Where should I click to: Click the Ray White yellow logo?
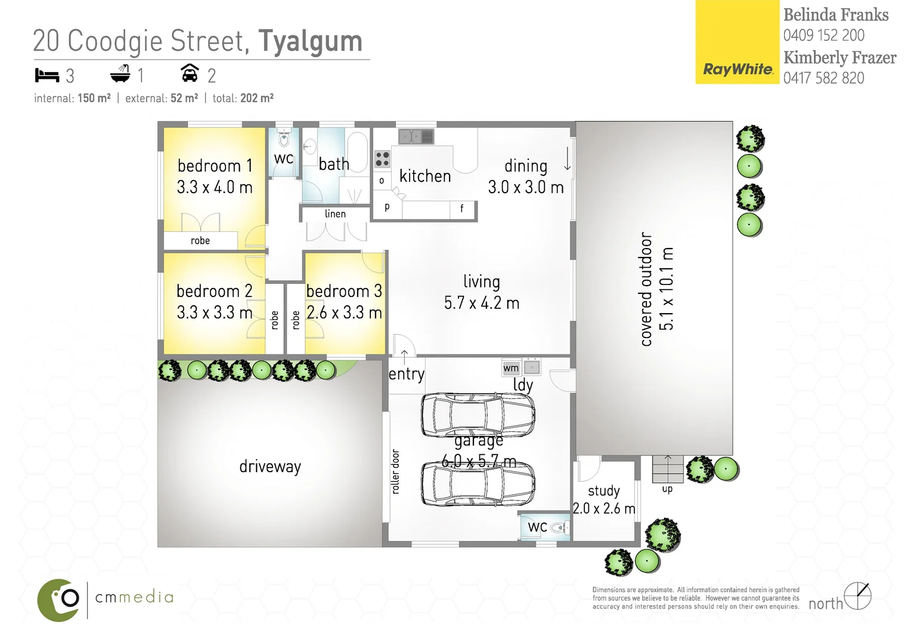point(738,42)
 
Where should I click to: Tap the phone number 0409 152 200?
point(823,35)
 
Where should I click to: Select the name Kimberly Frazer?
point(839,58)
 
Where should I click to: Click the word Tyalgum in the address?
point(310,42)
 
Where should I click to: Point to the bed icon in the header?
point(47,76)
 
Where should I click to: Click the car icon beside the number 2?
point(190,73)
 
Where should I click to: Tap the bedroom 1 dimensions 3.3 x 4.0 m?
point(215,187)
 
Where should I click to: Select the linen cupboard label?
point(335,213)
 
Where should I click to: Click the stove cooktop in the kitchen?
point(382,159)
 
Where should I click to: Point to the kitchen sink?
point(416,137)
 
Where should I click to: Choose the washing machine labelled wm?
point(511,368)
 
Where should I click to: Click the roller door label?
point(396,471)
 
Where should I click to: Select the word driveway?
point(270,466)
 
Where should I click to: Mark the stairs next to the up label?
point(667,469)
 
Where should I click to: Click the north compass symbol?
point(857,596)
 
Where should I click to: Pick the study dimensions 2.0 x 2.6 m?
point(604,509)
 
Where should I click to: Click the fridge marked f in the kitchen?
point(462,209)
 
